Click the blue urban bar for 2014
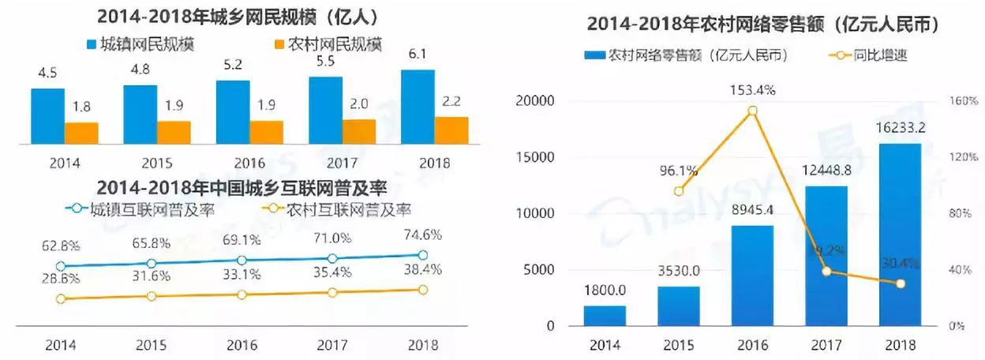point(47,116)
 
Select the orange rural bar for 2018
point(451,130)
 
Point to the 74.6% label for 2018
point(421,234)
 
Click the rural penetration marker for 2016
point(242,294)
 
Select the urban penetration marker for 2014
point(61,267)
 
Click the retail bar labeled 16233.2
point(901,234)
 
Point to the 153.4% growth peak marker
point(752,111)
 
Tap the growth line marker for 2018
point(901,283)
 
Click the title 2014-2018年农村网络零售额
point(762,25)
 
